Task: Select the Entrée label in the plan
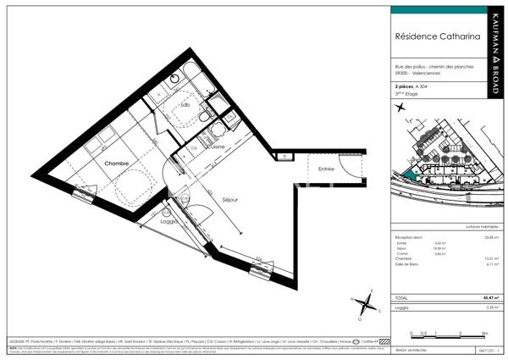click(x=327, y=169)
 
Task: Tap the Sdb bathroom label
click(x=185, y=104)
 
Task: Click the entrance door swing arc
click(x=349, y=164)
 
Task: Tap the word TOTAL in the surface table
click(x=402, y=298)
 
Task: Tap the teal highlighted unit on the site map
click(x=407, y=173)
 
